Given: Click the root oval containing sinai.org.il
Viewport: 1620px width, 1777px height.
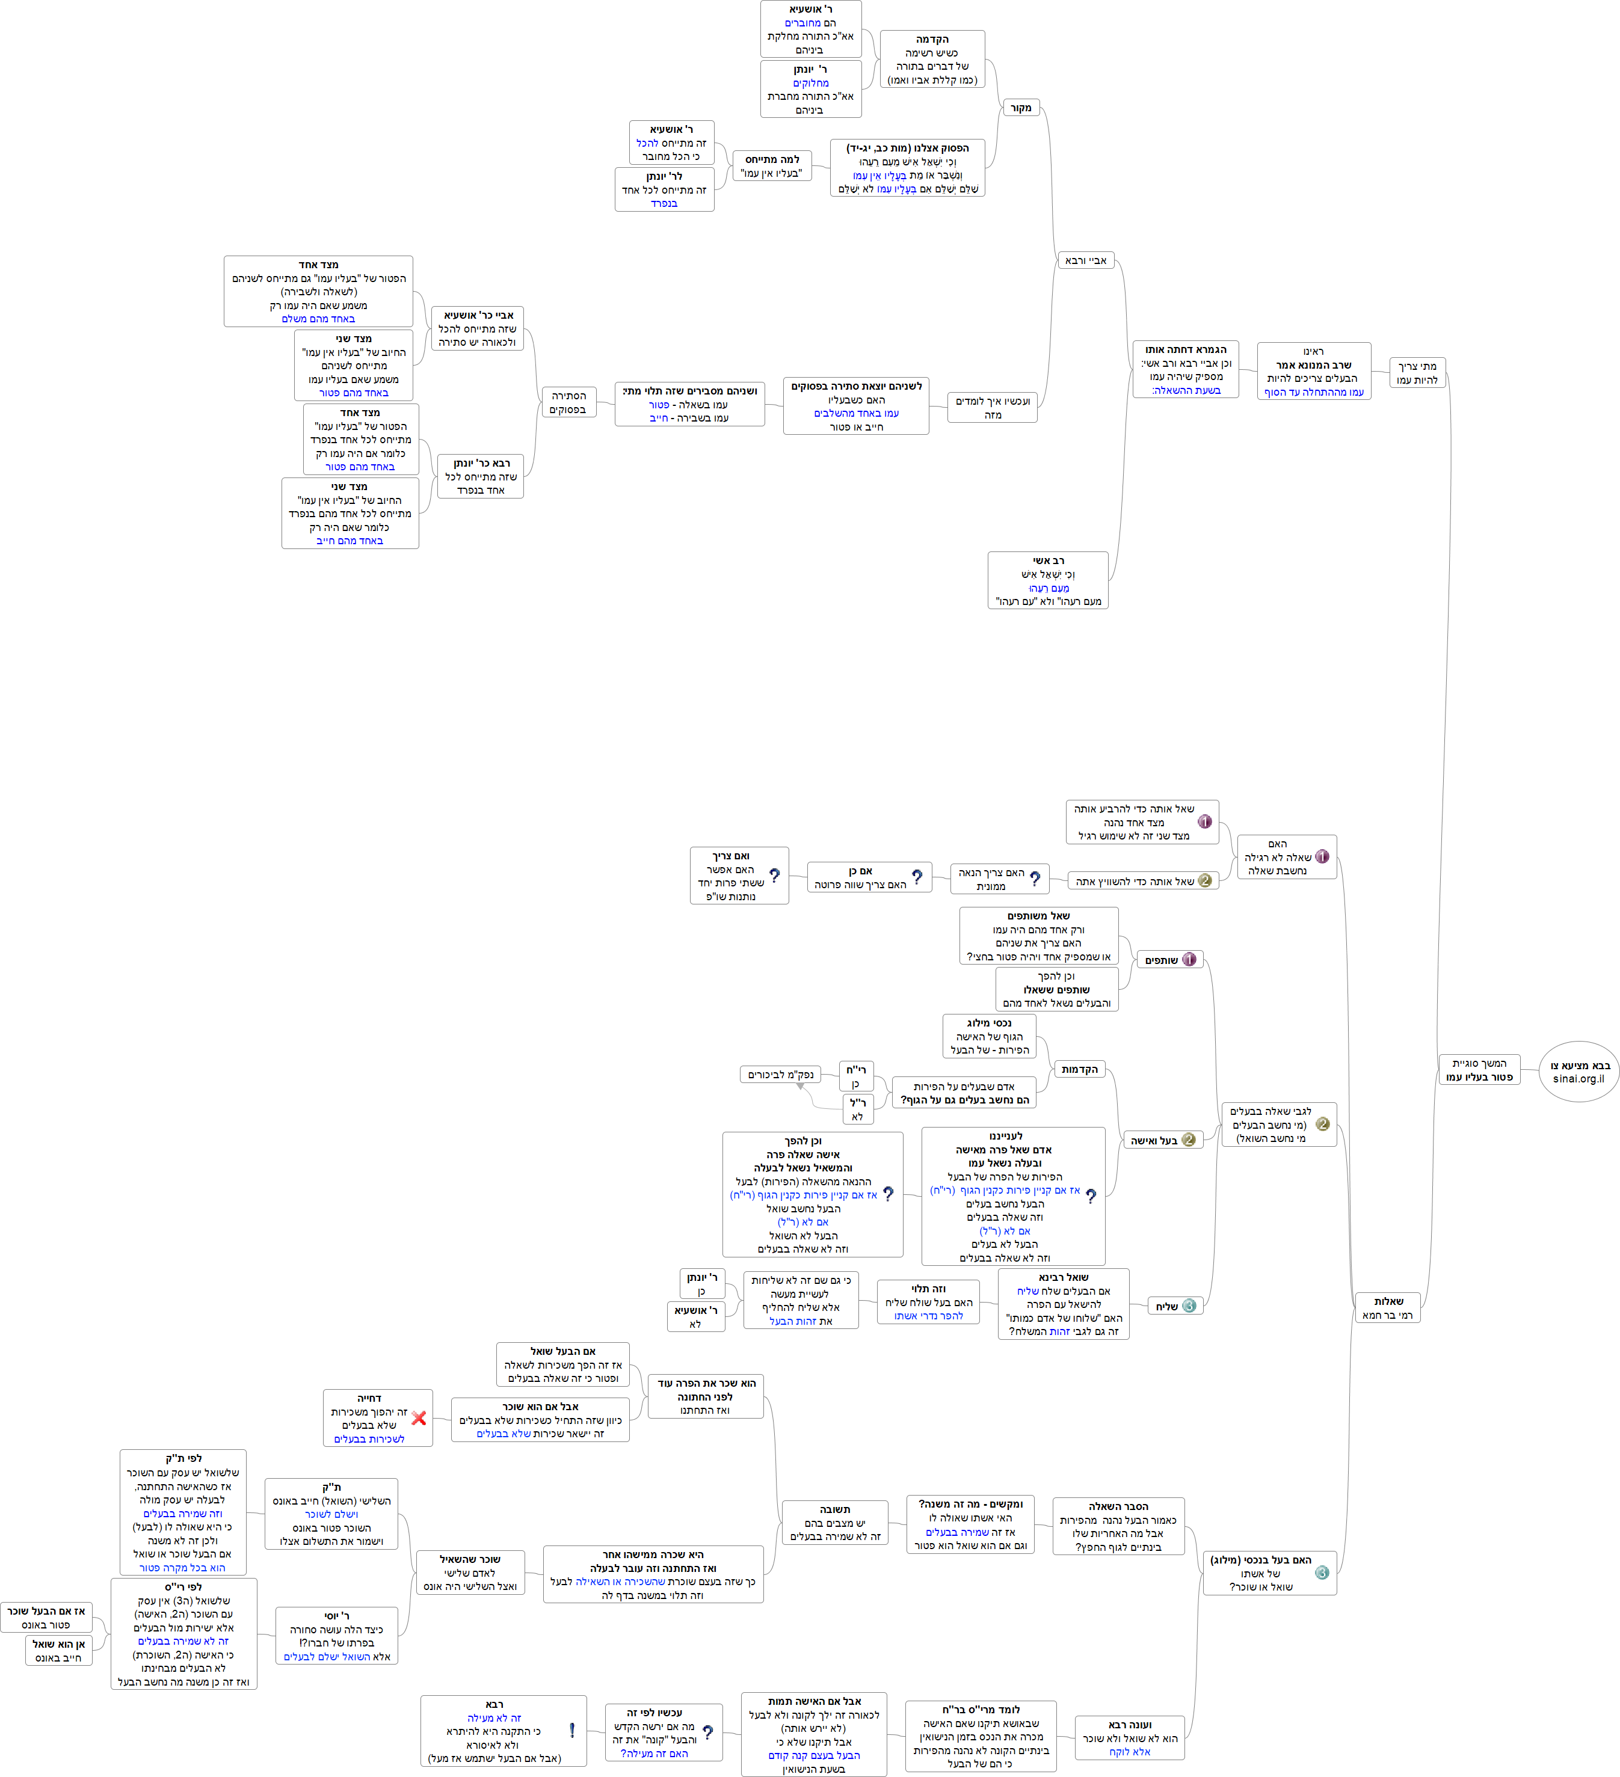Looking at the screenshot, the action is click(x=1578, y=1071).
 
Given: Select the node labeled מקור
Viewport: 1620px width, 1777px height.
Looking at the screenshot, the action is click(x=1021, y=108).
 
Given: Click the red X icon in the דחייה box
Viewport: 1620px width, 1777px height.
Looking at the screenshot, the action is click(x=419, y=1418).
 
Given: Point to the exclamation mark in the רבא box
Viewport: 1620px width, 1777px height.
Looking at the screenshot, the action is click(x=572, y=1730).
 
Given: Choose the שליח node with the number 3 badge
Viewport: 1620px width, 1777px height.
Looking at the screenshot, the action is click(x=1175, y=1306).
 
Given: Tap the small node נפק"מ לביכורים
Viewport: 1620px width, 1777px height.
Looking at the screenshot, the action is click(x=780, y=1075).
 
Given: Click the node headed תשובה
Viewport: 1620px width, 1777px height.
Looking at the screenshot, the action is click(x=834, y=1522).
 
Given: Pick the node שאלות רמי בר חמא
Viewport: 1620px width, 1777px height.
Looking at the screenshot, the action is click(x=1387, y=1308).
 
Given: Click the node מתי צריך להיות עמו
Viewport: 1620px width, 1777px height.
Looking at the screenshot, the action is click(x=1417, y=373).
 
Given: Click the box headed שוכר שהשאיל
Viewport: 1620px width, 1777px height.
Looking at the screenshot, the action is click(x=470, y=1573).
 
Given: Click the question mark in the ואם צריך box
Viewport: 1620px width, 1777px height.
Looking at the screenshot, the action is click(x=774, y=876).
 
